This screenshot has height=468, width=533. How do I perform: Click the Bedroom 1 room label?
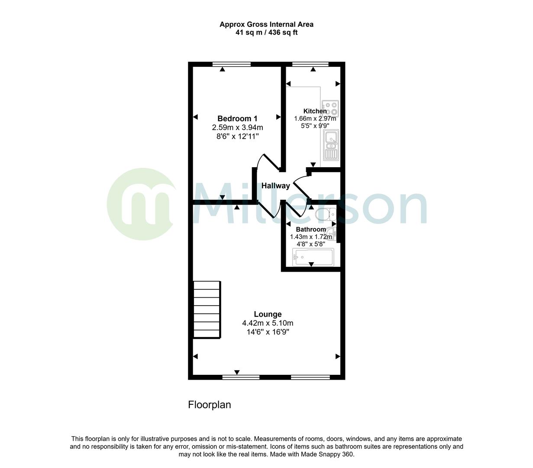pos(237,119)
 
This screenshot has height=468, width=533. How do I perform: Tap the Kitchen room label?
pos(315,111)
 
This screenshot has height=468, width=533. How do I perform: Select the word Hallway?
pos(276,186)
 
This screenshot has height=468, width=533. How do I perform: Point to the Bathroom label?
pos(310,230)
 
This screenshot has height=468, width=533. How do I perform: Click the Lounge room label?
pos(268,315)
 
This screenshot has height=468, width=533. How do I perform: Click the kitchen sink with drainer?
pos(331,145)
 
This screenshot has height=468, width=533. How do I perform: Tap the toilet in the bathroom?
pos(326,214)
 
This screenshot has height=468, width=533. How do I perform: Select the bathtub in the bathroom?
pos(313,257)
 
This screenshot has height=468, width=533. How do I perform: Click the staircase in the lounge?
pos(207,309)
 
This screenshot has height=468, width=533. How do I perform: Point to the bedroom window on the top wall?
pos(232,65)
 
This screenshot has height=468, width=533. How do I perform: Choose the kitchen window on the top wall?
pos(310,65)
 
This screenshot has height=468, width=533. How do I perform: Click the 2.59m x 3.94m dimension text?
pos(237,128)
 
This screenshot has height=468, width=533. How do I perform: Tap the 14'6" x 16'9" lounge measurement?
pos(268,332)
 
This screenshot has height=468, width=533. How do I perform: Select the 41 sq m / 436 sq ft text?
pos(266,32)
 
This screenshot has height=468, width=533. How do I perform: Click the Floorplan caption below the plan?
pos(209,405)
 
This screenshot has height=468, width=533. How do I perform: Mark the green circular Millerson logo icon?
pos(141,204)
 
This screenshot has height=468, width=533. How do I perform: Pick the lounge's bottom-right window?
pos(310,377)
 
